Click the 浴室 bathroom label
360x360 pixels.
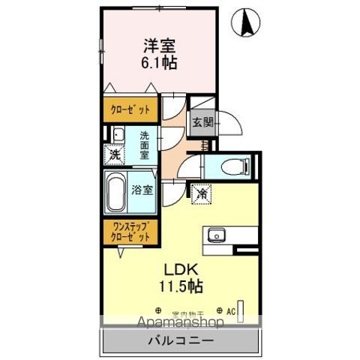click(144, 190)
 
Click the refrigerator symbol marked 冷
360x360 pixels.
click(202, 193)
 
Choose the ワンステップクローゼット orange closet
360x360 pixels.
click(130, 231)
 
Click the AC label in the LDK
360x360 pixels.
click(229, 310)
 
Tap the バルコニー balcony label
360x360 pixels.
click(179, 340)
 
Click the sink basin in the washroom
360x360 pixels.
click(118, 136)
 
